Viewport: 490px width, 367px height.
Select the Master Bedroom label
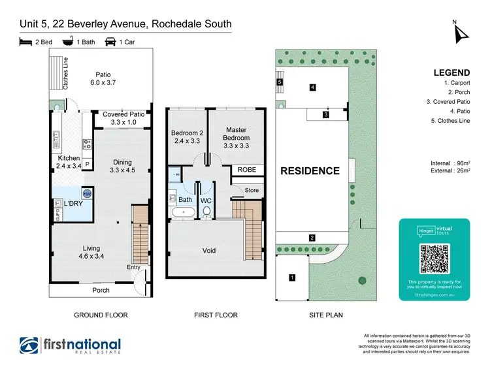236,134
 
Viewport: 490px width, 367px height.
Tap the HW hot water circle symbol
87,193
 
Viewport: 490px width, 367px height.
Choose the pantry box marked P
87,164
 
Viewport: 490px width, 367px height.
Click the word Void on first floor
209,250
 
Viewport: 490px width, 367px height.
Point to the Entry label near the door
134,267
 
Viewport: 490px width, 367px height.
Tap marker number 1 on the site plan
292,278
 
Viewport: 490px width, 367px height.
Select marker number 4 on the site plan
313,87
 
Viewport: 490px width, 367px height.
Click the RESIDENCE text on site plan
310,171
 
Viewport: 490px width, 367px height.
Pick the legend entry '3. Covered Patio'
448,101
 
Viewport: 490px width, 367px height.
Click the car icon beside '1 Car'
110,42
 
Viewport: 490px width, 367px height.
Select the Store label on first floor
252,191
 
